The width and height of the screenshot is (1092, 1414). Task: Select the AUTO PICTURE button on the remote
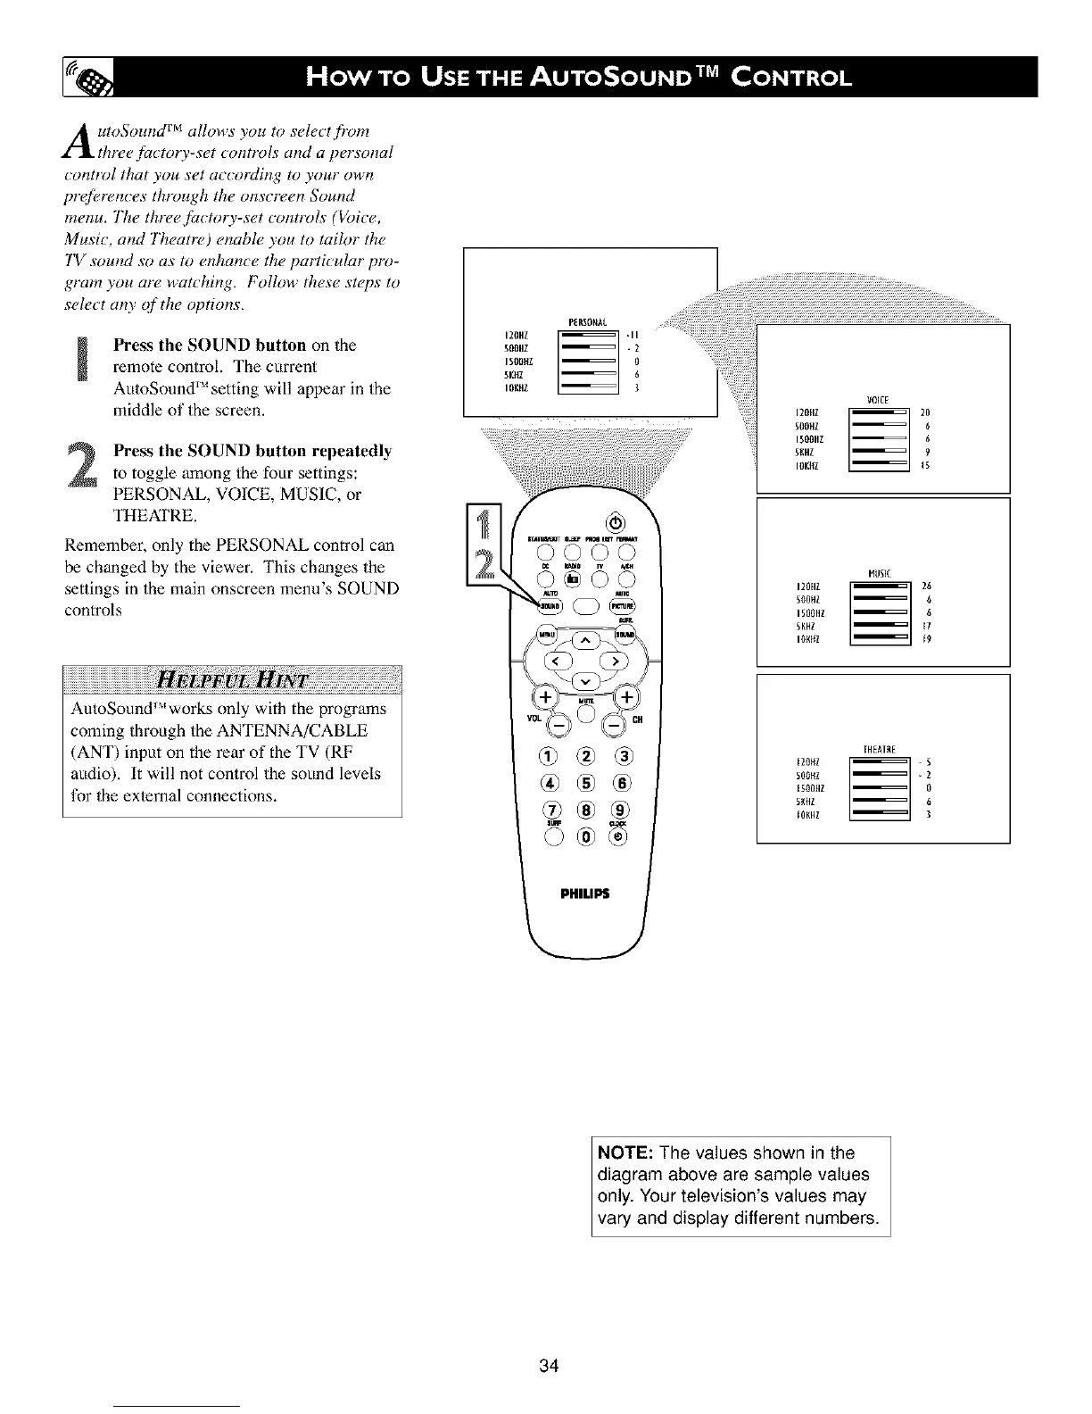(x=622, y=605)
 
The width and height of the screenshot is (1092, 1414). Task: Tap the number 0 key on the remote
(x=585, y=837)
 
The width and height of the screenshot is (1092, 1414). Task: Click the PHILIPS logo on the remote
(x=585, y=894)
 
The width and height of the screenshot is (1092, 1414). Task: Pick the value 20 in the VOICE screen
(x=925, y=412)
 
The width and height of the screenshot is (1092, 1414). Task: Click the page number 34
(x=549, y=1366)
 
